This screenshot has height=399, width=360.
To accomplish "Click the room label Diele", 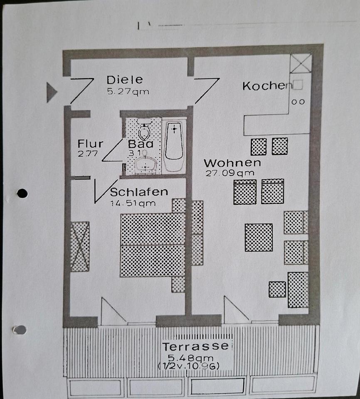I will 124,79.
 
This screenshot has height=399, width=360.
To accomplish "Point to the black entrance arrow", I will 51,92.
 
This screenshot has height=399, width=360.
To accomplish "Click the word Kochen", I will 266,86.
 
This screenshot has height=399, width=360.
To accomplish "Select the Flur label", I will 90,144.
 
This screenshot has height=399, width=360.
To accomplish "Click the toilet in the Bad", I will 144,131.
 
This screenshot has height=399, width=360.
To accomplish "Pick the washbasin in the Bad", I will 145,165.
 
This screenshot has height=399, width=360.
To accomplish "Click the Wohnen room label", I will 232,163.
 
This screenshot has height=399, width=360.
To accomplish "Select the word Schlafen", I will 139,192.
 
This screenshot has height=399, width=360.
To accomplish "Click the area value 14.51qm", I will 133,203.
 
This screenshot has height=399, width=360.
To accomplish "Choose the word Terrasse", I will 195,346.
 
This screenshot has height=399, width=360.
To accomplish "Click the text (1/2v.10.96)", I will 189,366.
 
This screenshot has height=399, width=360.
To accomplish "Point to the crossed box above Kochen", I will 301,63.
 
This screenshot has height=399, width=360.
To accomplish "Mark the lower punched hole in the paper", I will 20,330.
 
